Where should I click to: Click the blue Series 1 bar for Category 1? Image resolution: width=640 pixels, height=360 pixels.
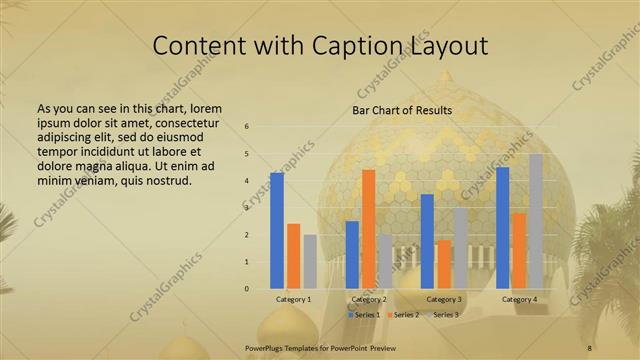277,231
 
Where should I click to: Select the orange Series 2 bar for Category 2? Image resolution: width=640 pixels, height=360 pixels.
369,229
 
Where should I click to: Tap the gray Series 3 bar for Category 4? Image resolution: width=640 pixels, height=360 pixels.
536,221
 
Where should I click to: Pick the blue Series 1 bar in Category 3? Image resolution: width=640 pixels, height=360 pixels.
427,241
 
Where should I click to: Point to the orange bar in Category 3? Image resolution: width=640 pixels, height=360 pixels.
444,264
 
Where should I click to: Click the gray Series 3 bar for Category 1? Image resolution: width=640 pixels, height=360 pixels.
310,262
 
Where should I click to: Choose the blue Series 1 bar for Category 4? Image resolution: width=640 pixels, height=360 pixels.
502,228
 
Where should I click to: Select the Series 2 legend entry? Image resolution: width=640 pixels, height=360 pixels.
404,315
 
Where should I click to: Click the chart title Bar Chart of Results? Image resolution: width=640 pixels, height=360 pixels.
402,110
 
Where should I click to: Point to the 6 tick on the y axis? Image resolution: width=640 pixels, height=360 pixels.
247,127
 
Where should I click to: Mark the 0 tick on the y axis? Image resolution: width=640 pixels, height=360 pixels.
247,289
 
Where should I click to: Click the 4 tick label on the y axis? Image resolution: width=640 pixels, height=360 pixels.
247,181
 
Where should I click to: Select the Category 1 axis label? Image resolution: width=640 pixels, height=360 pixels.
294,299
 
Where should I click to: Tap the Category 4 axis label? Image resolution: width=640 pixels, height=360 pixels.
519,299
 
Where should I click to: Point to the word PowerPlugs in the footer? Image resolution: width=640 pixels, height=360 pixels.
266,347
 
